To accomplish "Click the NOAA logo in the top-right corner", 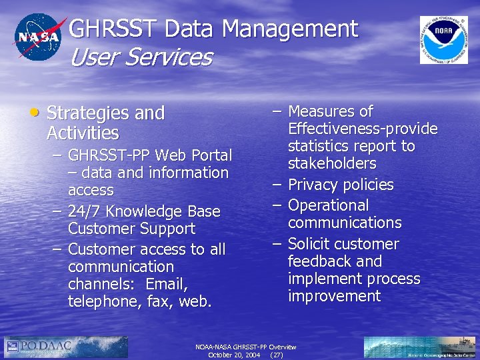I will (443, 40).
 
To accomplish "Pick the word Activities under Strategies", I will (83, 133).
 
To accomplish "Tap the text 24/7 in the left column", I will (85, 212).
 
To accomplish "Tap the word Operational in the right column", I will (328, 205).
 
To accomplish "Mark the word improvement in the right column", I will (334, 296).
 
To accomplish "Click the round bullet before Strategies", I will (35, 111).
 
